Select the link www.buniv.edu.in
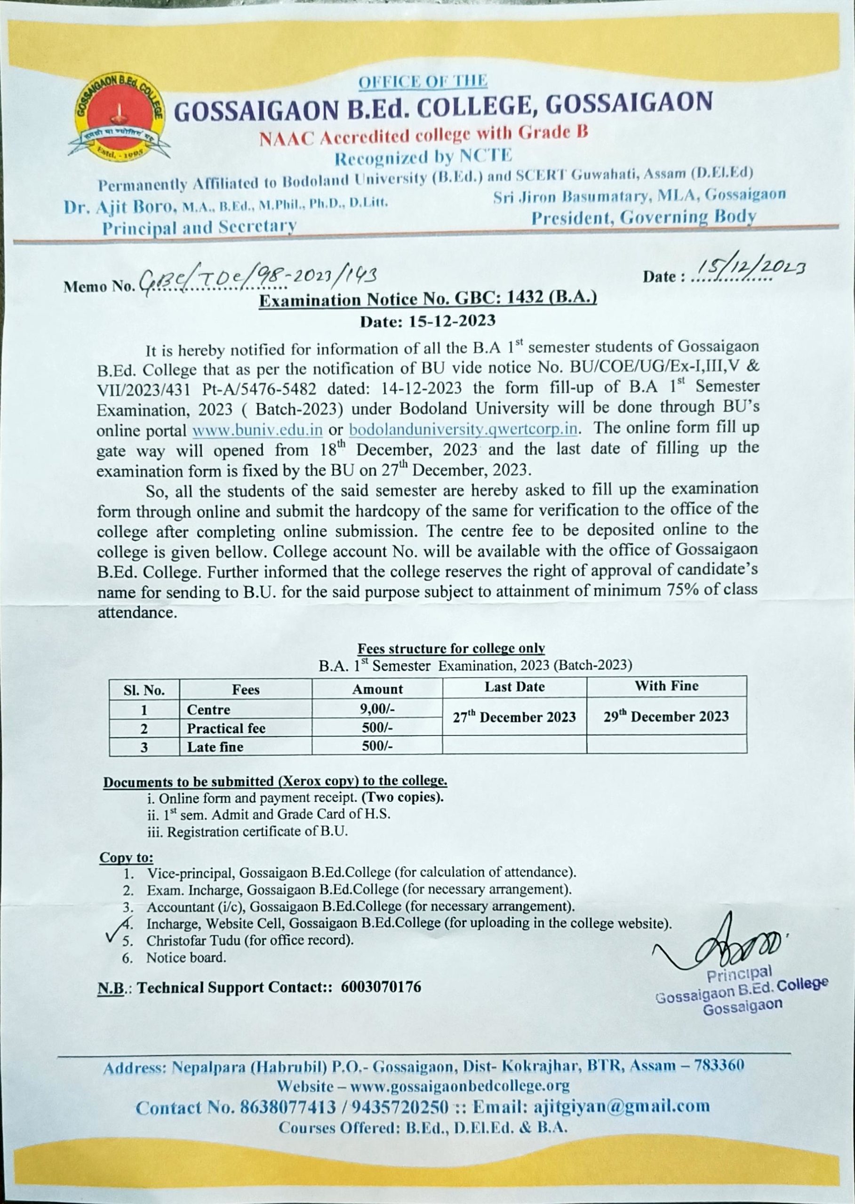[x=257, y=430]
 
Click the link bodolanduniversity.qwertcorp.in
[x=464, y=430]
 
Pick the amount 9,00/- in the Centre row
[x=377, y=709]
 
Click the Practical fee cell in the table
[x=226, y=729]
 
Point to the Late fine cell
[x=216, y=746]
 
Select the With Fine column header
[x=666, y=686]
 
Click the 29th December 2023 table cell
[x=666, y=717]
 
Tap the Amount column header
[x=377, y=689]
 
